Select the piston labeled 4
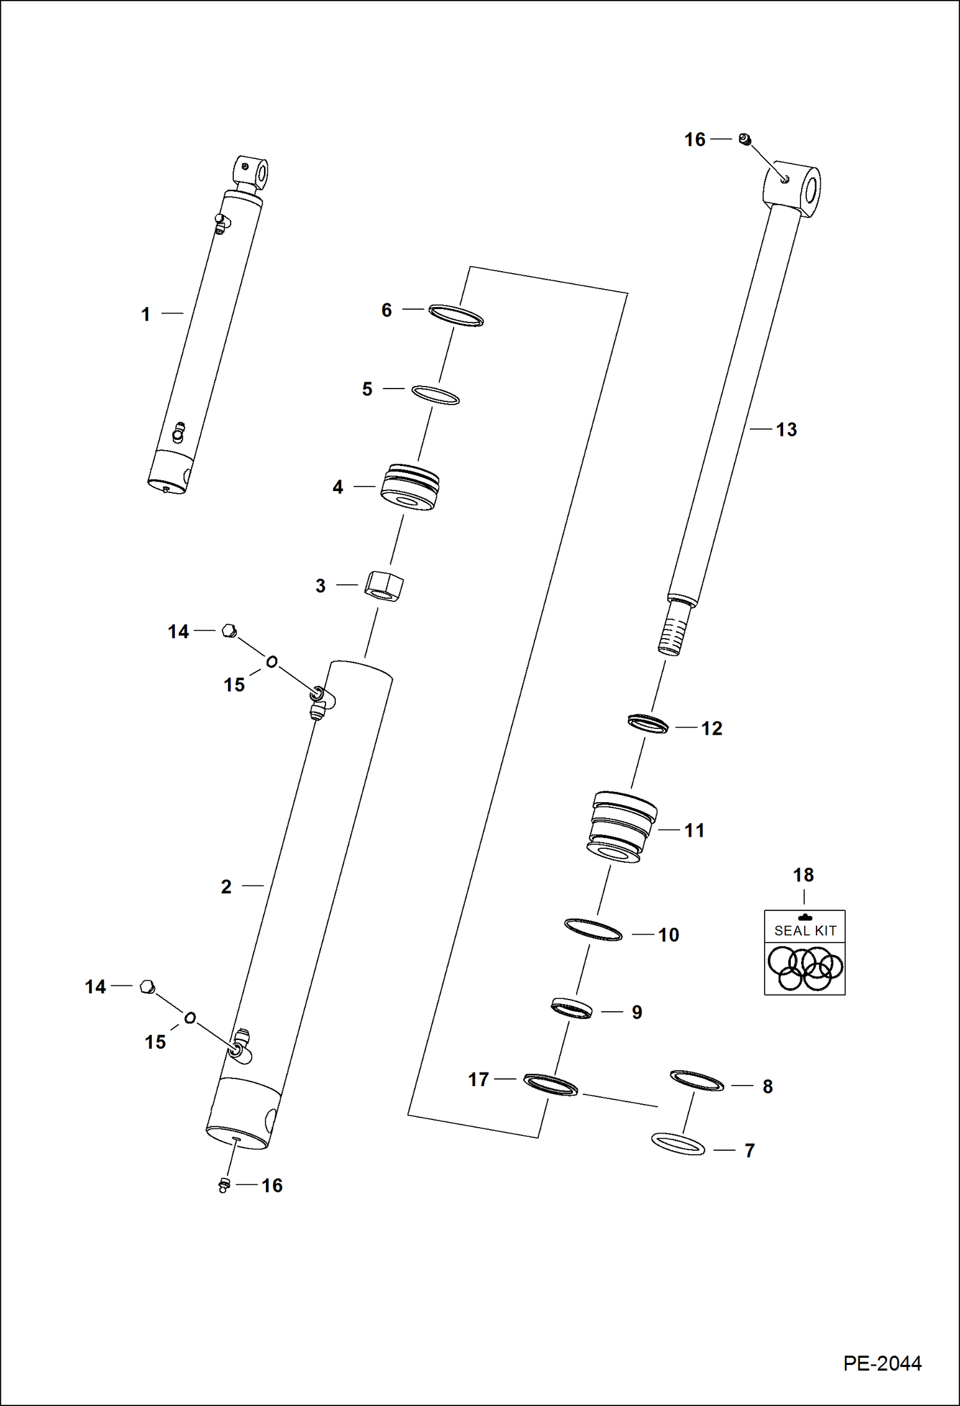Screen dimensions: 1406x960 [x=410, y=487]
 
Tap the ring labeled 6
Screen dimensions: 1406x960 [x=456, y=315]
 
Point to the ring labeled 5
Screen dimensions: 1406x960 [x=436, y=395]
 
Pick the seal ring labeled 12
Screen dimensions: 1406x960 [x=648, y=724]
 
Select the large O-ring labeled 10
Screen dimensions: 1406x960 [x=593, y=930]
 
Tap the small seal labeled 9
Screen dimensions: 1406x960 [x=572, y=1008]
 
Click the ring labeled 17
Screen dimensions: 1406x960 [x=550, y=1084]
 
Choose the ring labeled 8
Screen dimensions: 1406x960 [x=697, y=1080]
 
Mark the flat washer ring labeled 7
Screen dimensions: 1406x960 [x=678, y=1144]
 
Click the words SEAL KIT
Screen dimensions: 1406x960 [x=805, y=930]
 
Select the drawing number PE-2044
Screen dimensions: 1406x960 [x=882, y=1363]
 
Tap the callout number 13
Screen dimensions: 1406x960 [x=786, y=430]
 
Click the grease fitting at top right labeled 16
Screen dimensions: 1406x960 [x=745, y=139]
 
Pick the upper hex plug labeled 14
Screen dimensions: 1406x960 [x=228, y=631]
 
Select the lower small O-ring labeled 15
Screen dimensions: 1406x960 [x=190, y=1017]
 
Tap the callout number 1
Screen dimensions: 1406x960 [x=146, y=314]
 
